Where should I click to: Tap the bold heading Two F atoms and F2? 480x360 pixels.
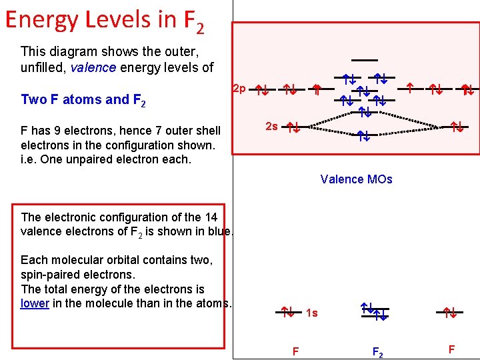(x=83, y=100)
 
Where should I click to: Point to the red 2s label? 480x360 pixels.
(x=272, y=125)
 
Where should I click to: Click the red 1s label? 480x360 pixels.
(x=311, y=313)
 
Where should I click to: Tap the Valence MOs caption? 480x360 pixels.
(x=356, y=179)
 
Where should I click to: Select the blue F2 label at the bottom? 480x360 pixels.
(x=377, y=351)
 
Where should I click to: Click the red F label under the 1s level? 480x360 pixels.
(x=295, y=351)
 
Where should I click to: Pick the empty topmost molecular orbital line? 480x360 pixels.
(x=365, y=60)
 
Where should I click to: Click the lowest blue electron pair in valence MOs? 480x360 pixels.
(x=363, y=136)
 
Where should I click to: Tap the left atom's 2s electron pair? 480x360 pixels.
(x=292, y=127)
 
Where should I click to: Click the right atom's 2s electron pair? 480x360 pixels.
(x=457, y=125)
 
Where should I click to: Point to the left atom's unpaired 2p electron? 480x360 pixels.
(x=318, y=87)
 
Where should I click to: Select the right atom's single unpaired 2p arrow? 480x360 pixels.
(x=411, y=87)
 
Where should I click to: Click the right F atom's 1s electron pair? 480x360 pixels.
(x=450, y=311)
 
